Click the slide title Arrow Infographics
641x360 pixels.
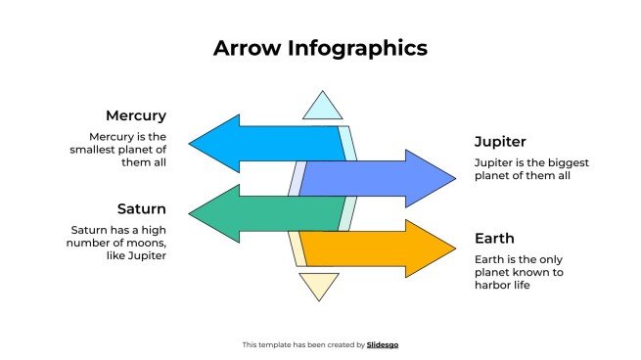pos(320,48)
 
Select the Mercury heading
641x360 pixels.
pos(135,115)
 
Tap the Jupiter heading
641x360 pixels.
pos(500,141)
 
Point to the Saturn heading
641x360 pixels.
pos(141,208)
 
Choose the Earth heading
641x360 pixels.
pos(494,238)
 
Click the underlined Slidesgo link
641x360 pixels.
pos(383,344)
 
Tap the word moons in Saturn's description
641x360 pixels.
pos(145,243)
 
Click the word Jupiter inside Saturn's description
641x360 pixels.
pos(143,255)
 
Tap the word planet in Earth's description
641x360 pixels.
pos(496,273)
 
